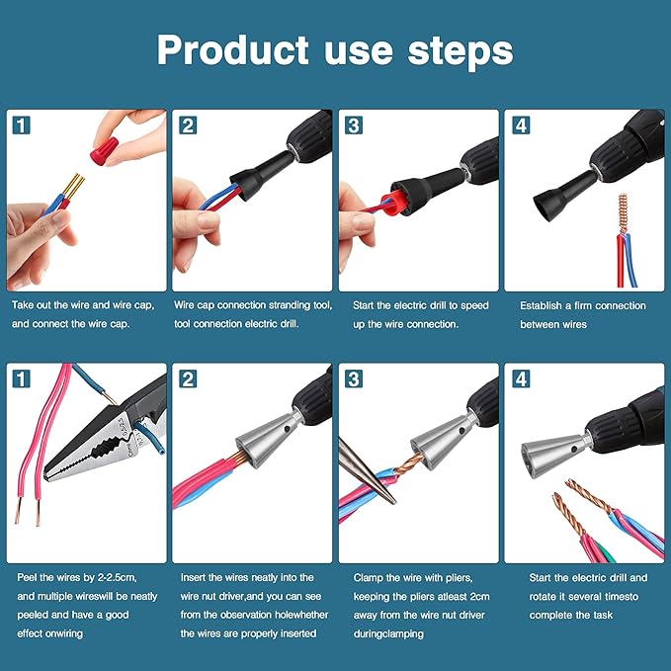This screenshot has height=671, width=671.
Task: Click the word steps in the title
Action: click(462, 49)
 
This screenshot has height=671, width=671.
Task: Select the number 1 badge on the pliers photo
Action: click(21, 379)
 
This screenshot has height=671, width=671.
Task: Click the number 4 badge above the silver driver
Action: click(519, 379)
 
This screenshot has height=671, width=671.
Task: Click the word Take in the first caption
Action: click(26, 306)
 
